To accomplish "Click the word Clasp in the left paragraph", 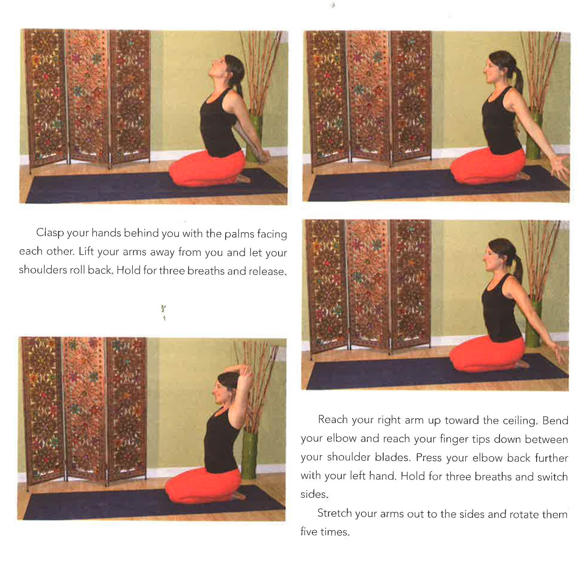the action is tap(50, 233).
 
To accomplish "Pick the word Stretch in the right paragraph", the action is tap(334, 513).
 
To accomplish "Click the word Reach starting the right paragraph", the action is tap(333, 419).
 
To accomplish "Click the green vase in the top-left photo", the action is tap(254, 136).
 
